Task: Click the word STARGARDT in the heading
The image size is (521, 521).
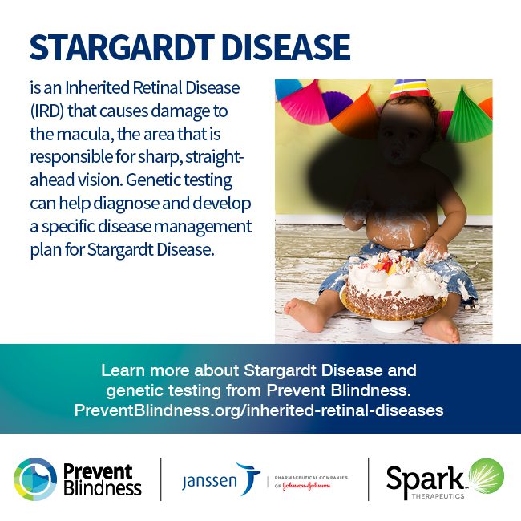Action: tap(122, 47)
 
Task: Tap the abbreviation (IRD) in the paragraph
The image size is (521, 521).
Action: tap(46, 111)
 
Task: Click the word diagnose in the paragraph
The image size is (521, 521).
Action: tap(126, 204)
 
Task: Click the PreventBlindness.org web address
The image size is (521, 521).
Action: tap(259, 410)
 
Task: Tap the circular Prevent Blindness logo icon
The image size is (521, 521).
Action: tap(35, 479)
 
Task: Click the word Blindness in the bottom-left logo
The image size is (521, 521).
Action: tap(103, 488)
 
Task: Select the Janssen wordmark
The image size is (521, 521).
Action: tap(210, 481)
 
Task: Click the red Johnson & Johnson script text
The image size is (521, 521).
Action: tap(306, 486)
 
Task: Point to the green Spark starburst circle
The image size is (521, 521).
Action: tap(487, 475)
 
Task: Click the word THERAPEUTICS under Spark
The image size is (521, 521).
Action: tap(438, 496)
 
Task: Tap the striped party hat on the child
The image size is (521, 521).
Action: tap(410, 88)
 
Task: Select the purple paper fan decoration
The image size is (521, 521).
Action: tap(336, 103)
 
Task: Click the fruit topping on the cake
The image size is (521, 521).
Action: tap(387, 265)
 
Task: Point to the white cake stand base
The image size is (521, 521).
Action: tap(392, 325)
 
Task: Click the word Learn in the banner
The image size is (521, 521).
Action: tap(123, 370)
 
